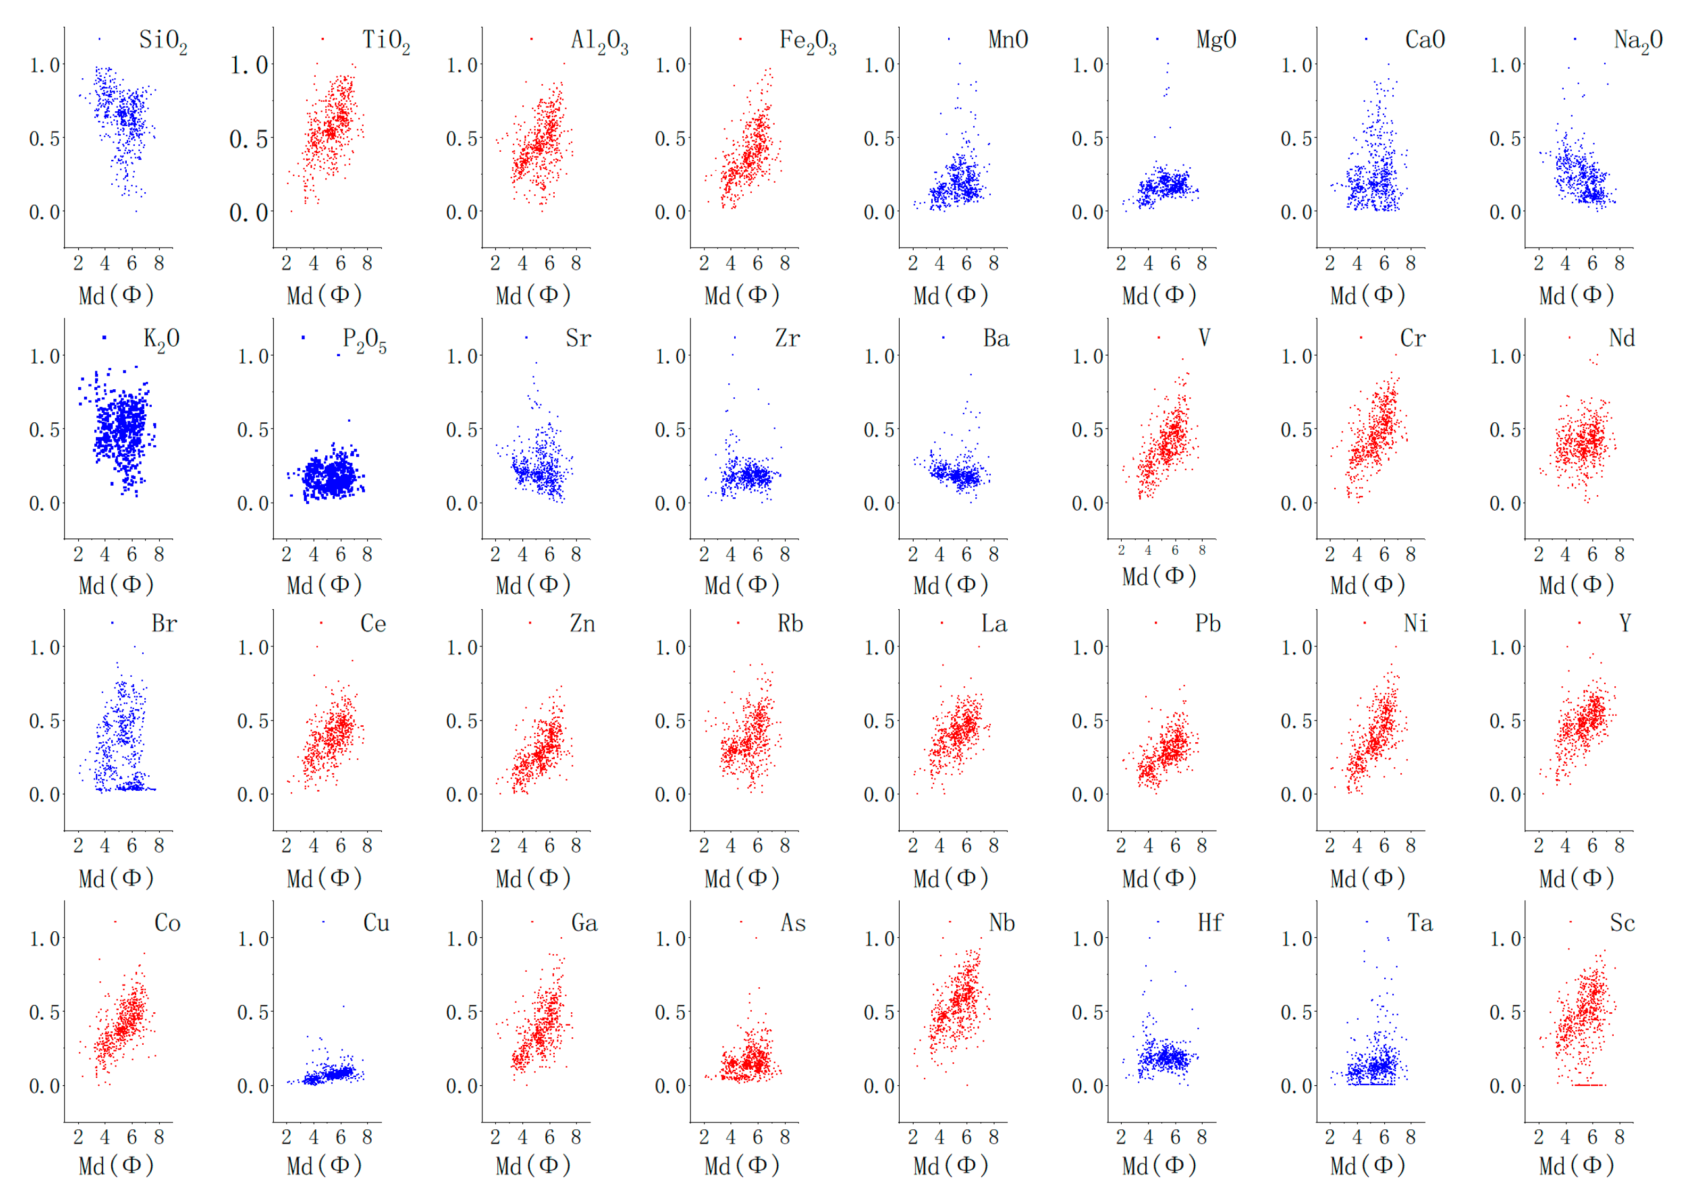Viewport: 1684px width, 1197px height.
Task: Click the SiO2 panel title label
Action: pos(162,40)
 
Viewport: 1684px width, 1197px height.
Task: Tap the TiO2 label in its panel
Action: pos(385,40)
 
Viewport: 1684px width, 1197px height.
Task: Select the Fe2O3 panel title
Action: pos(808,40)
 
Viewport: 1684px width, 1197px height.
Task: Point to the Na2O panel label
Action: pos(1638,40)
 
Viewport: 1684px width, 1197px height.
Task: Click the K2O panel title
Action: pos(161,339)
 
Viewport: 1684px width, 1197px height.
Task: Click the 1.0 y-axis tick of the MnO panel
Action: pos(879,65)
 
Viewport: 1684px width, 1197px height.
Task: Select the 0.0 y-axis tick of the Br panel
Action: pos(44,794)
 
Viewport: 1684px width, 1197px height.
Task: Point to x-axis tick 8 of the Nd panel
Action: pos(1619,554)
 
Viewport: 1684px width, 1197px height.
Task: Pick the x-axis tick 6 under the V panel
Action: pos(1174,550)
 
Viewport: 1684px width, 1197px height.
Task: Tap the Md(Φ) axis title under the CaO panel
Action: pos(1368,296)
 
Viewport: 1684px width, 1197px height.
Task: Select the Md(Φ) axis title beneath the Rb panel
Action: pos(742,878)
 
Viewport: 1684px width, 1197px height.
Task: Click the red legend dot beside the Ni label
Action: pos(1364,623)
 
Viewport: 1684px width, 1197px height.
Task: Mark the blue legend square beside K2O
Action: pos(105,338)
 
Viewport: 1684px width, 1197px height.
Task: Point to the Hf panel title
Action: pos(1210,923)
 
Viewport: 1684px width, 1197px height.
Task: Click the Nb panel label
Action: pos(1001,923)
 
